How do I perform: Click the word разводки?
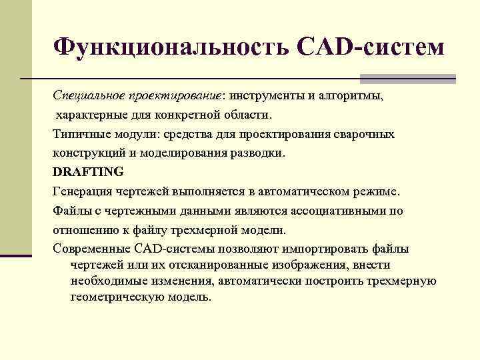click(259, 153)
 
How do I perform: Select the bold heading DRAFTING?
click(88, 172)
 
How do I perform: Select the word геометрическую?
click(115, 297)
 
